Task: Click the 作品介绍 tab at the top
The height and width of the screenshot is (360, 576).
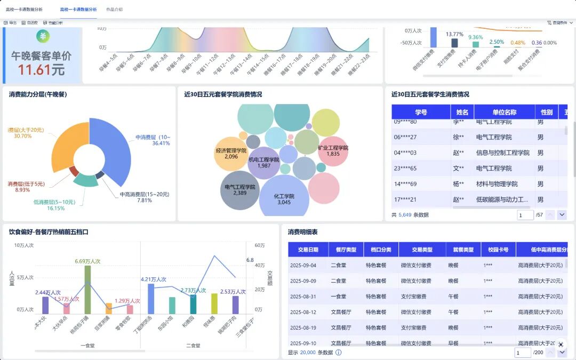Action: click(114, 10)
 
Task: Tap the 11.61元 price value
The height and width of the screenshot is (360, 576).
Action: click(41, 70)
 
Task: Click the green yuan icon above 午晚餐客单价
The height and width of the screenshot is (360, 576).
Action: click(43, 36)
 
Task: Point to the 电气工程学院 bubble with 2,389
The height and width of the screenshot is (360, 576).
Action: click(240, 190)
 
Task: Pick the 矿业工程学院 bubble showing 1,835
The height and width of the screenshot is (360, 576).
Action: click(333, 151)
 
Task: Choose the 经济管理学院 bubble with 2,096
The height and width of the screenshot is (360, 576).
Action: click(231, 154)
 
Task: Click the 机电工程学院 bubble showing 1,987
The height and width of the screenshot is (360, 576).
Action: click(264, 163)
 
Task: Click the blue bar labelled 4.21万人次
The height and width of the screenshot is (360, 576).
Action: click(151, 298)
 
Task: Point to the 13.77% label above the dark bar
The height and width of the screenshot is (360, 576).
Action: click(454, 35)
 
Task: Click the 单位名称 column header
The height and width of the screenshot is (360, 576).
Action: click(504, 112)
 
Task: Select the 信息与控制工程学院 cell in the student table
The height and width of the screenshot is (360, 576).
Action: click(502, 153)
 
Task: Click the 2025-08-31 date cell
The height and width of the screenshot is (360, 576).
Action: click(303, 297)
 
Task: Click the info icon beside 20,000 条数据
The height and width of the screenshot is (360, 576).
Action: click(338, 353)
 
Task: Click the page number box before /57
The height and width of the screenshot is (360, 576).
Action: click(525, 215)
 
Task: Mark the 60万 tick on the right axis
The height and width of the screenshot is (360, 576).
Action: click(260, 245)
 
